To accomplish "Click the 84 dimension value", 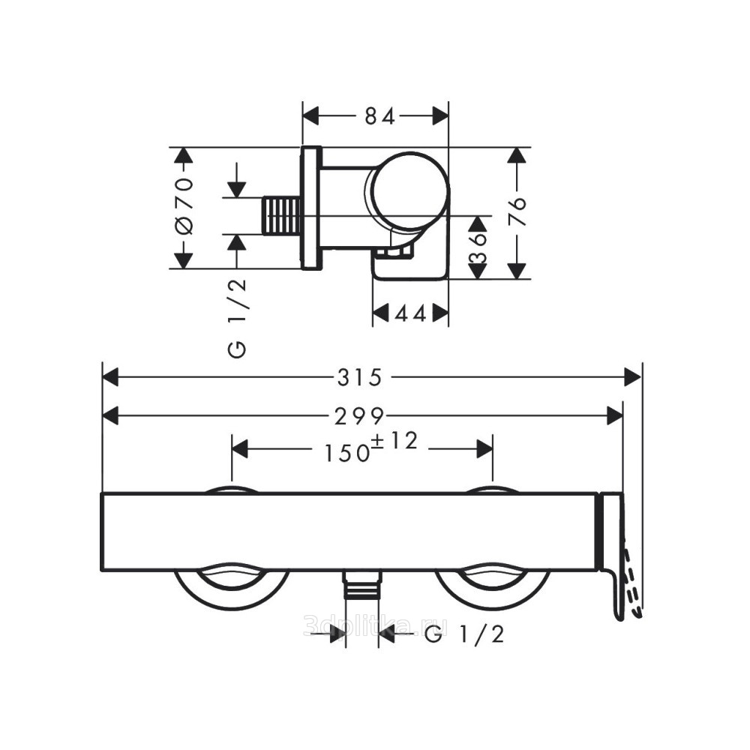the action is (379, 116).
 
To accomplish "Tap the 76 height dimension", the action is (516, 211).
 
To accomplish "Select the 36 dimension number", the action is (477, 247).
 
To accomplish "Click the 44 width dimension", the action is (410, 314).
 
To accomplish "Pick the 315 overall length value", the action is (360, 378).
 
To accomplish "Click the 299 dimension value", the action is (359, 416).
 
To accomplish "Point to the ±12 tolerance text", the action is (395, 441).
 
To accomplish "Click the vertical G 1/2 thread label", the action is (237, 318).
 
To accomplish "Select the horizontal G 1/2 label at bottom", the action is (464, 634).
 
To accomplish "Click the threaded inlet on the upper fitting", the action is (282, 215).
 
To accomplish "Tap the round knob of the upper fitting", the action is (410, 190).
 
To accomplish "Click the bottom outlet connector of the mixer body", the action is (362, 584).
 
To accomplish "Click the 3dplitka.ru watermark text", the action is (376, 625).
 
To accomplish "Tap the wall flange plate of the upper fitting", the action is (311, 208).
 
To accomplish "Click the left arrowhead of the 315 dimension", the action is (110, 377).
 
